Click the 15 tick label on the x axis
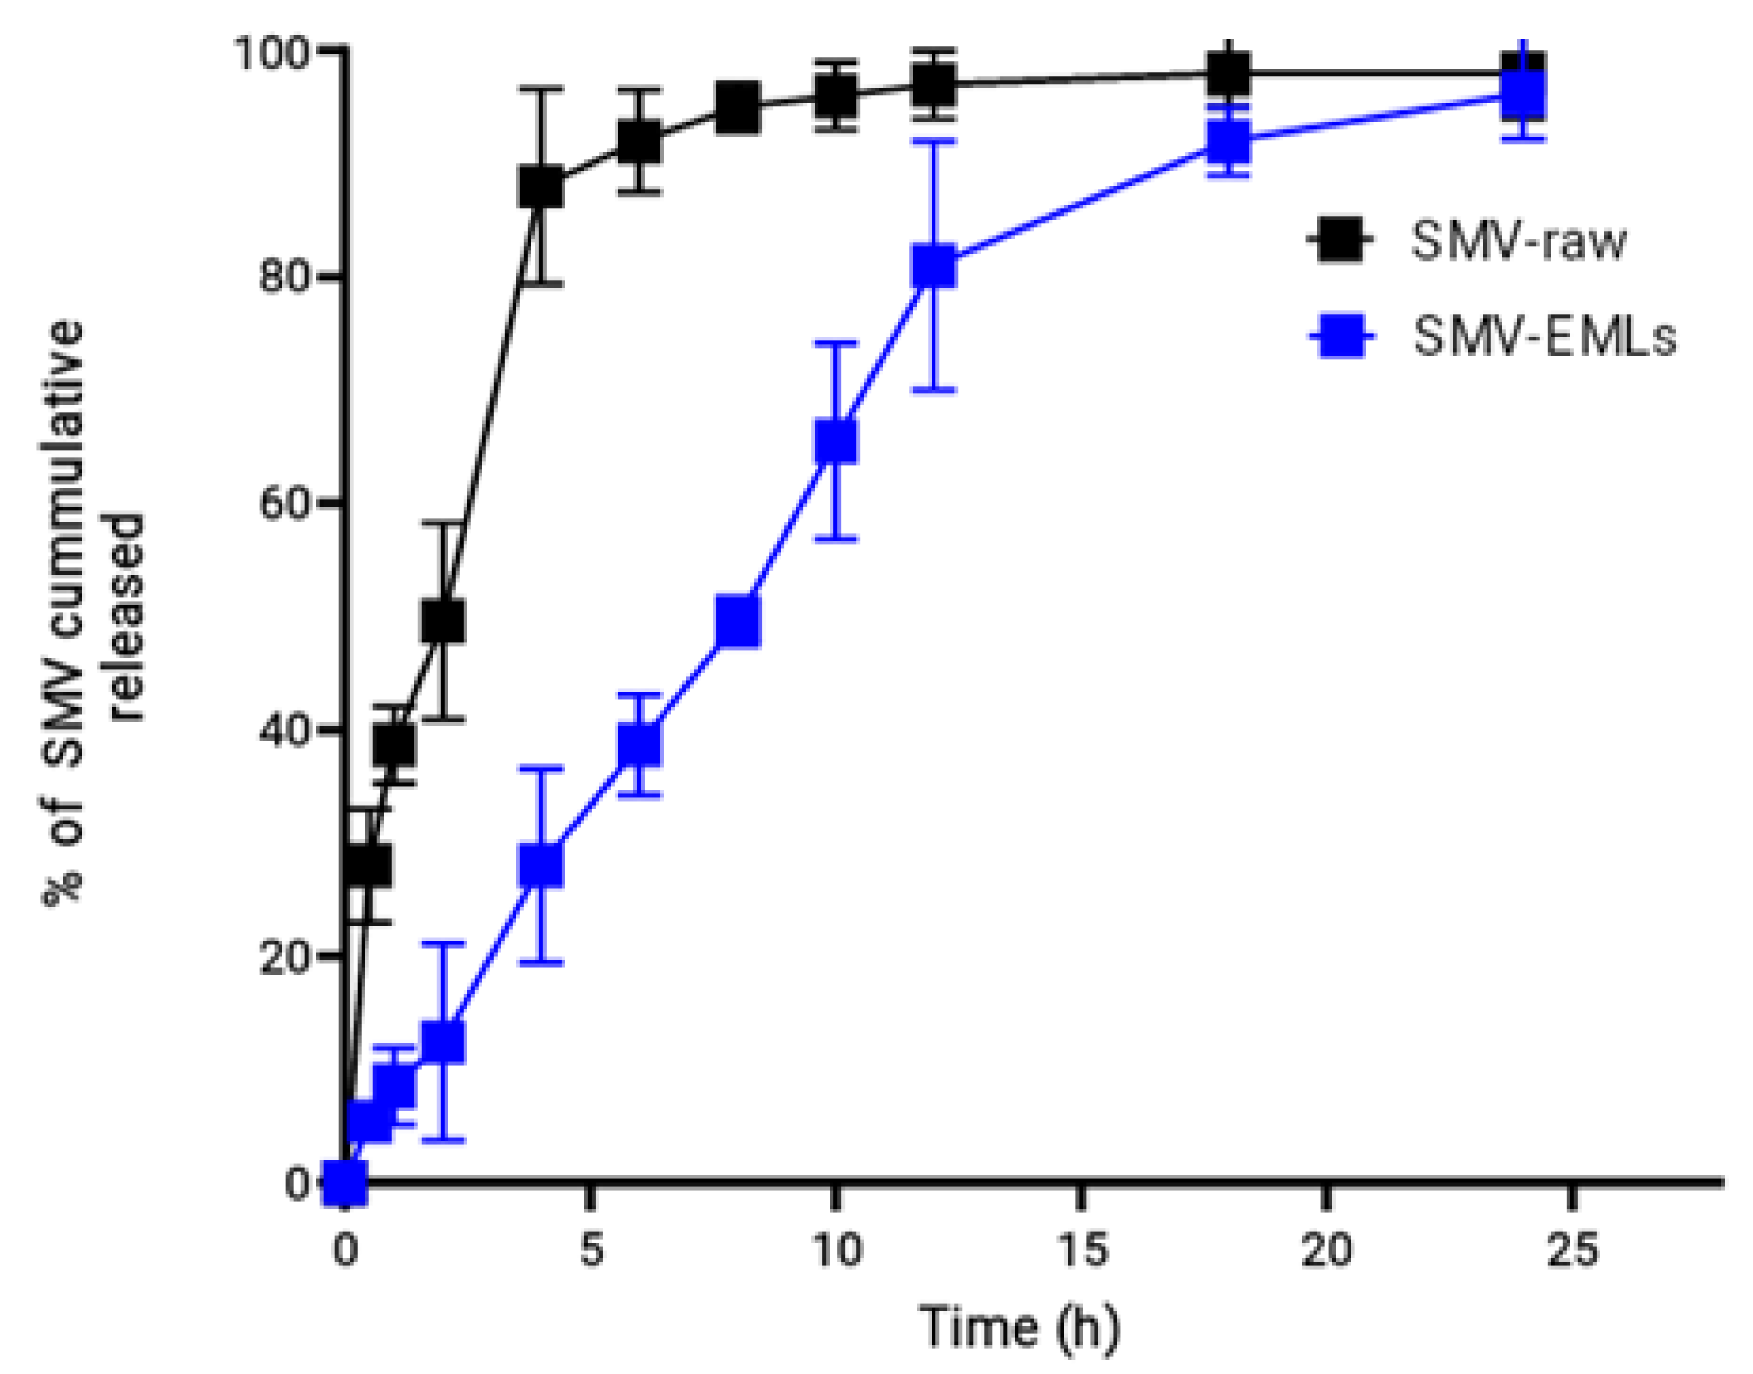click(1082, 1251)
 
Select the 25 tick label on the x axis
click(1572, 1251)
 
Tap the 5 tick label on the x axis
click(591, 1251)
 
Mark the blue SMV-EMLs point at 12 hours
click(935, 266)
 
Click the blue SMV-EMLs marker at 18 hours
click(1228, 142)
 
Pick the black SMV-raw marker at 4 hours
click(541, 187)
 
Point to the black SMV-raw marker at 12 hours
click(935, 84)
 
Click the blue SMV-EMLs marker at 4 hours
click(541, 866)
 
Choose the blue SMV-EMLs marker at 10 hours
click(836, 441)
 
